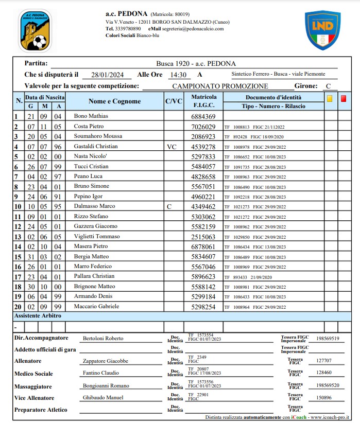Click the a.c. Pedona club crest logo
click(35, 30)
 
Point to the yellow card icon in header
click(329, 98)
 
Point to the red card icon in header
click(344, 98)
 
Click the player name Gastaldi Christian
click(96, 147)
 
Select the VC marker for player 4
click(172, 147)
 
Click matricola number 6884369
click(203, 117)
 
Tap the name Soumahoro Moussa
click(98, 136)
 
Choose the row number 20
click(17, 307)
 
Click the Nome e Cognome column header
click(114, 101)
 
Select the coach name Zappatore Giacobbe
click(106, 361)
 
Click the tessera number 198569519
click(328, 339)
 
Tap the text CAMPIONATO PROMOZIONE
click(220, 86)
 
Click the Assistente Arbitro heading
click(38, 315)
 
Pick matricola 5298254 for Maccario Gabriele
click(203, 307)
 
